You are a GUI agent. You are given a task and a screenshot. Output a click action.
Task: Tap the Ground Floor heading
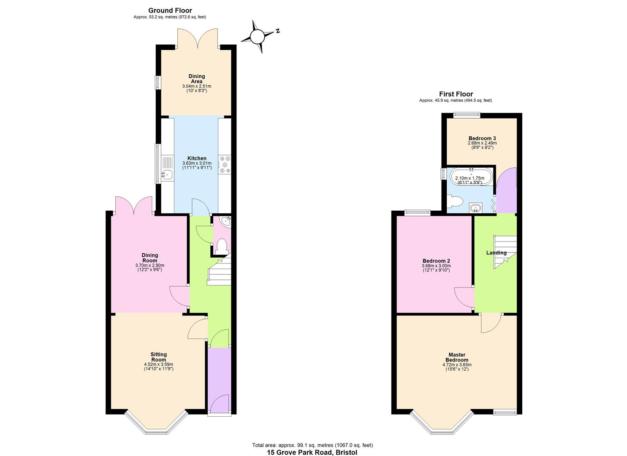coord(170,11)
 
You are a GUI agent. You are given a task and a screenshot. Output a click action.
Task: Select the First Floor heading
coord(456,94)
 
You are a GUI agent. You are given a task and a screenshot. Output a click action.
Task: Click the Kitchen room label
coord(197,158)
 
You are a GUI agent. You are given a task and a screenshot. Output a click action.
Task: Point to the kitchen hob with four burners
coord(224,165)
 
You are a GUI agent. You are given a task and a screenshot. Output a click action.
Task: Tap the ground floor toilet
coord(221,246)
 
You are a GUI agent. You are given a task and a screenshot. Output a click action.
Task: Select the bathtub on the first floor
coord(471,177)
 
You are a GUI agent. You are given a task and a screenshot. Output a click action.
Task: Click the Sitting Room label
coord(158,357)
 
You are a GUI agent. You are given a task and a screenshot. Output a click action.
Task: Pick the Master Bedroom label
coord(457,357)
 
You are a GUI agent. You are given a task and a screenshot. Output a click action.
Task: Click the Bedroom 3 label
coord(482,138)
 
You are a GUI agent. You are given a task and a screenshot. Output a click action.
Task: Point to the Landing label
coord(496,252)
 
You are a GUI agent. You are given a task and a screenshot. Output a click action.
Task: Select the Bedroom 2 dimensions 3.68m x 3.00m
coord(436,266)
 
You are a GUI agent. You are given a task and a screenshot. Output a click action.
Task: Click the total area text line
coord(312,445)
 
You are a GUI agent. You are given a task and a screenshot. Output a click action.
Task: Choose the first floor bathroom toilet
coord(455,201)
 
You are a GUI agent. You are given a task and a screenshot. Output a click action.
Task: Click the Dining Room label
coord(149,258)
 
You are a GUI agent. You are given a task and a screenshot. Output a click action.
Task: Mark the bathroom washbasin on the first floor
coord(476,208)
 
